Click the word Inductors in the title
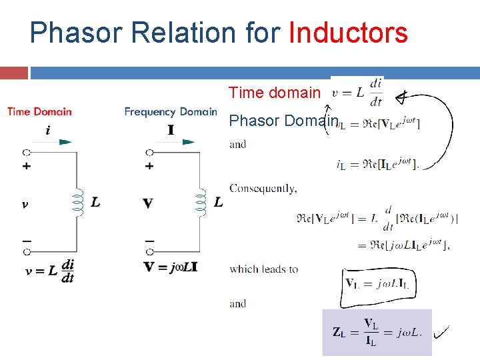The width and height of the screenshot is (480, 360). (348, 32)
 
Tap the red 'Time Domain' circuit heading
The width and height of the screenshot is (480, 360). (40, 111)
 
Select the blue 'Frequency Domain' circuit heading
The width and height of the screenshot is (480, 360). (171, 111)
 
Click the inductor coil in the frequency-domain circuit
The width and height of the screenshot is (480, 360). (201, 200)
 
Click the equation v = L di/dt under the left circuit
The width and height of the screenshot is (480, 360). (50, 270)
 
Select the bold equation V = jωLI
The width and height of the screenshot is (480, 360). (171, 267)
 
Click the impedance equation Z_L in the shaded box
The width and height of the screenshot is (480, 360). (377, 331)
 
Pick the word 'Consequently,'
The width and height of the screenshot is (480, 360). (263, 189)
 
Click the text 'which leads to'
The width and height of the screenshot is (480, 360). (263, 269)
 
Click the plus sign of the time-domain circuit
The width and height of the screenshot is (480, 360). (26, 167)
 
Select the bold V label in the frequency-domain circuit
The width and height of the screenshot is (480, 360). (148, 203)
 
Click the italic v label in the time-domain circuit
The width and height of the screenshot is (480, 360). (25, 204)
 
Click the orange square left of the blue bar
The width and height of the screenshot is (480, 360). (14, 73)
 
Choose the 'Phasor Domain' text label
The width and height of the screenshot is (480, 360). (283, 121)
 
